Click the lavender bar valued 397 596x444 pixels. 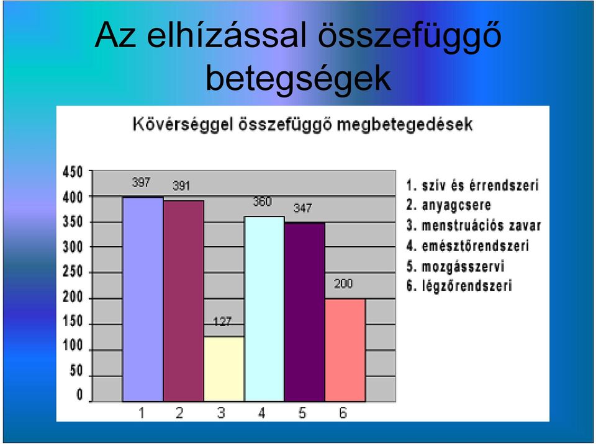pos(143,299)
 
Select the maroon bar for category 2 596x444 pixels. pos(184,300)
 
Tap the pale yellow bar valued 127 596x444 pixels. pos(224,369)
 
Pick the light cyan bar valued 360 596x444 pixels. pos(264,309)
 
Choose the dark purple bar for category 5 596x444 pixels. pos(305,312)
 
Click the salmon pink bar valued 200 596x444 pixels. pos(345,350)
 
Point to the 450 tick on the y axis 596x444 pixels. pos(73,172)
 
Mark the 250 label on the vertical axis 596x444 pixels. pos(73,272)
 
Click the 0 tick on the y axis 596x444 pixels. pos(79,394)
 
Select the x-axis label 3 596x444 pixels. pos(221,412)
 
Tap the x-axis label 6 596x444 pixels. pos(343,412)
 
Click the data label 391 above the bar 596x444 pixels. pos(181,186)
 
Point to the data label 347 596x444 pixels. pos(302,208)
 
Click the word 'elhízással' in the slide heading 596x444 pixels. pos(227,36)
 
